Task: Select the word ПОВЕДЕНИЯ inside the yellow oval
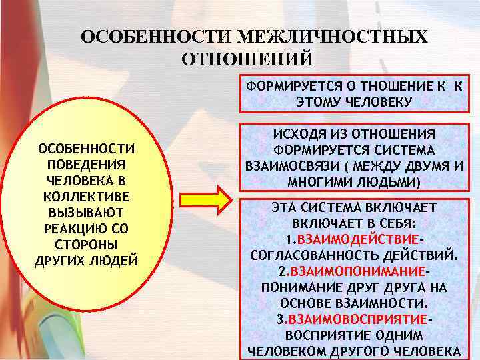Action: (87, 163)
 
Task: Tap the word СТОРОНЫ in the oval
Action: (87, 244)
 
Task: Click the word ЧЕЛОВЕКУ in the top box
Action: (379, 101)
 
